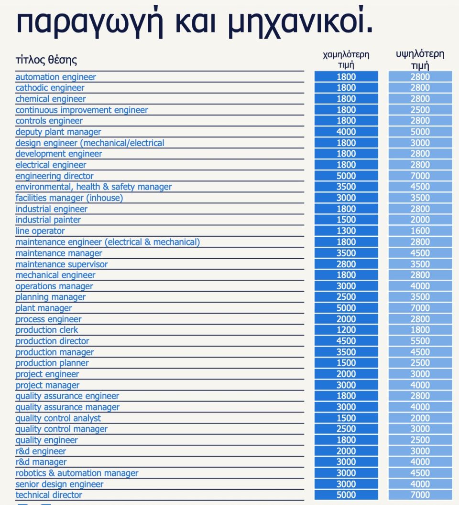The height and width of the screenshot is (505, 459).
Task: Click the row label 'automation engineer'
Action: coord(55,77)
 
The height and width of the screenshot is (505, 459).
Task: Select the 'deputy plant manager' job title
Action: coord(58,132)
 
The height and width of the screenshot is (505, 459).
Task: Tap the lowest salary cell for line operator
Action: coord(346,231)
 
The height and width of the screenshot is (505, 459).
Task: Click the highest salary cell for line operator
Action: coord(420,231)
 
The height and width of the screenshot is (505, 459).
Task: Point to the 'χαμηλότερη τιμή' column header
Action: coord(346,60)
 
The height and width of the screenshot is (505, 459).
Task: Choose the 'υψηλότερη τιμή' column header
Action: coord(420,60)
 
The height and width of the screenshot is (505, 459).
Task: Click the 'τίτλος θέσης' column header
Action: coord(46,60)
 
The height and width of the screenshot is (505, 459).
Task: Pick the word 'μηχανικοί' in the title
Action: coord(300,21)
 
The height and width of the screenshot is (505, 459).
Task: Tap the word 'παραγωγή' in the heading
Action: coord(90,22)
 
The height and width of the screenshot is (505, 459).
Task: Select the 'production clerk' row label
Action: coord(47,330)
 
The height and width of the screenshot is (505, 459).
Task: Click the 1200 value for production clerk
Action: coord(346,330)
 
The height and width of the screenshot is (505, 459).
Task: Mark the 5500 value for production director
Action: coord(420,341)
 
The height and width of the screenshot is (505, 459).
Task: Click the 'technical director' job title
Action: coord(49,495)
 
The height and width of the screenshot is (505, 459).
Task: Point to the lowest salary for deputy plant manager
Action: coord(346,132)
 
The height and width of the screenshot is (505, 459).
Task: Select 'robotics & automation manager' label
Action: coord(77,473)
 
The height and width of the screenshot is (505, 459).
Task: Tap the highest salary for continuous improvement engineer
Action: coord(420,110)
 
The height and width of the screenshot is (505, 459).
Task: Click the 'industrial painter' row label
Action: coord(48,220)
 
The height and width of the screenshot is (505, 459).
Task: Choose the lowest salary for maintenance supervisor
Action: coord(346,264)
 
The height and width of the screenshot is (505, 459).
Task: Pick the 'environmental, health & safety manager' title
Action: coord(94,187)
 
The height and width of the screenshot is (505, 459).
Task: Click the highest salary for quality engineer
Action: coord(420,440)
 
